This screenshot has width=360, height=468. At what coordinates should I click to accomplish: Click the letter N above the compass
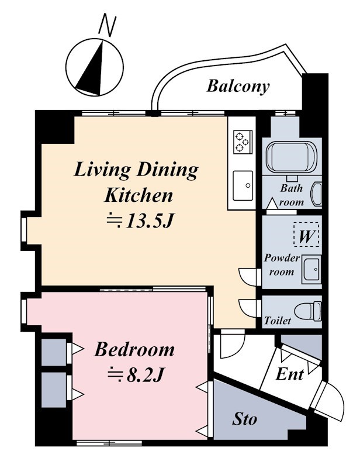[x=108, y=25]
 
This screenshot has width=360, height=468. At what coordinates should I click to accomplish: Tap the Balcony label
[x=238, y=86]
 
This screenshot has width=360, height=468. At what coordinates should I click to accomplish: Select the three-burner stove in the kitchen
[x=243, y=142]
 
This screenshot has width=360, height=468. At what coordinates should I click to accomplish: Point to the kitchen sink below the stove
[x=243, y=185]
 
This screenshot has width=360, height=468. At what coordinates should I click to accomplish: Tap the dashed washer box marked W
[x=306, y=235]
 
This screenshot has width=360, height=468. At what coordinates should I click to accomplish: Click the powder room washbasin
[x=311, y=269]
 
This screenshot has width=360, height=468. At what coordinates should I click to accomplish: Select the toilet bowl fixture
[x=308, y=311]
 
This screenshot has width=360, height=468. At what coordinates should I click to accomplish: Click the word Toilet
[x=278, y=321]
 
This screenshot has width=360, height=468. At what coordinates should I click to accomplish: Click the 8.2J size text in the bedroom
[x=136, y=375]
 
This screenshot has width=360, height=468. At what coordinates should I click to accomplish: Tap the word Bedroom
[x=134, y=349]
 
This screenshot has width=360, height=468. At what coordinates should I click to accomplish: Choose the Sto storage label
[x=244, y=419]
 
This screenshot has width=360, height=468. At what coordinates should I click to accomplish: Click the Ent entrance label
[x=290, y=374]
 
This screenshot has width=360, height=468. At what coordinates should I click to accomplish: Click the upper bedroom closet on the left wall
[x=54, y=352]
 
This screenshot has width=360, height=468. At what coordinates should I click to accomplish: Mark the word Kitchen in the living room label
[x=139, y=195]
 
